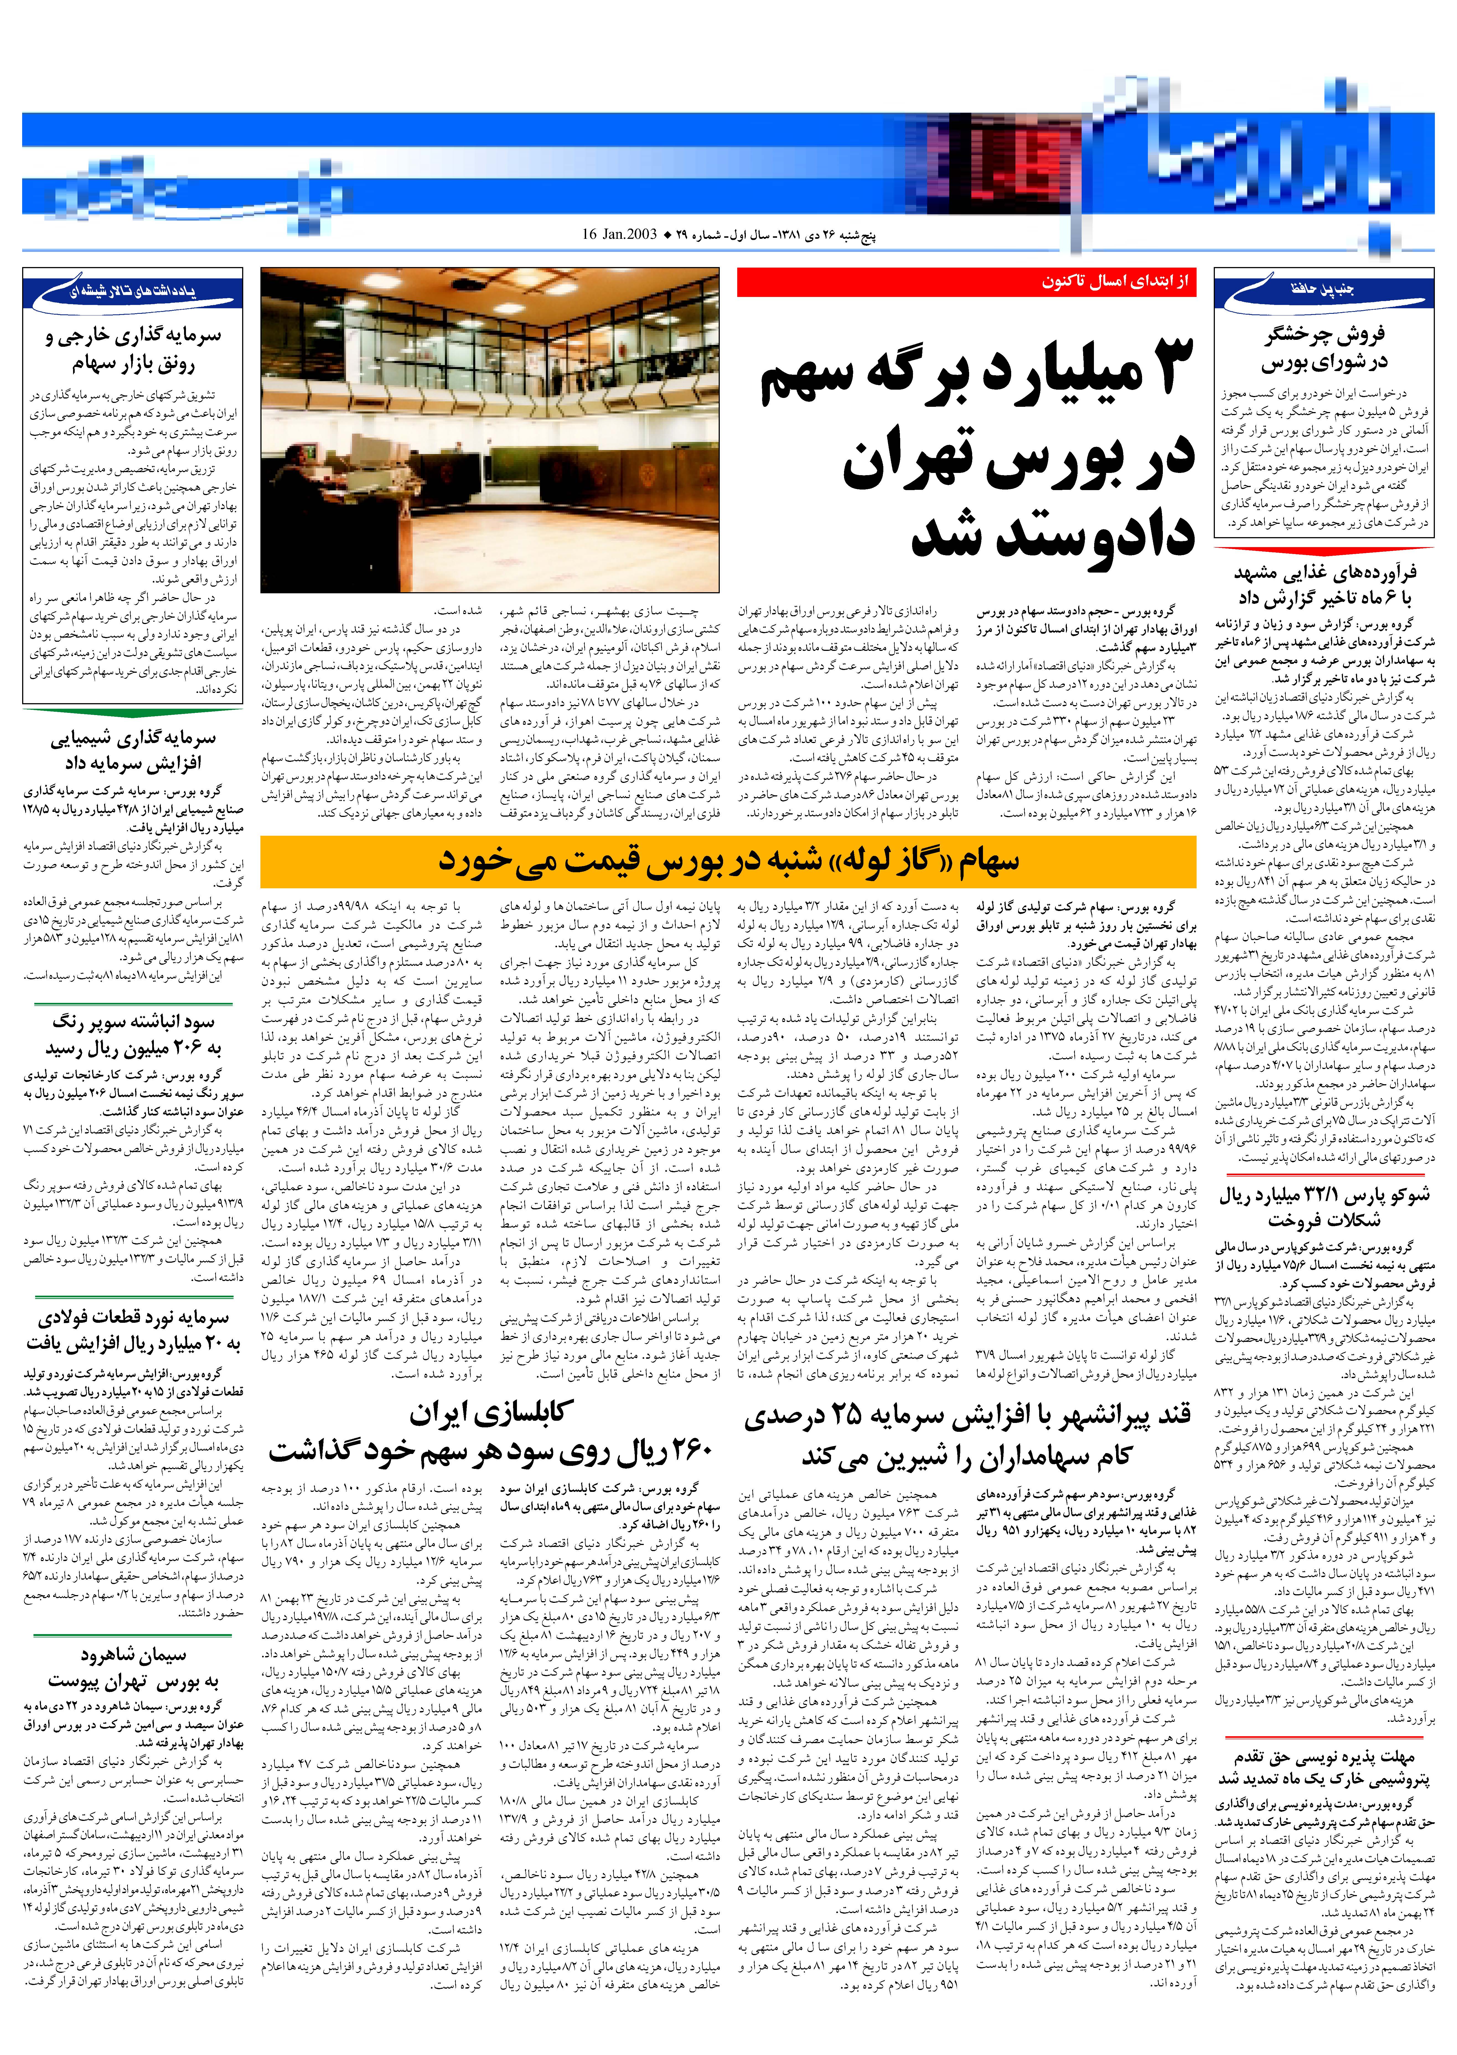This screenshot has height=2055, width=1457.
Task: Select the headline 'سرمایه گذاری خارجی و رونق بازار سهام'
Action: pos(133,350)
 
